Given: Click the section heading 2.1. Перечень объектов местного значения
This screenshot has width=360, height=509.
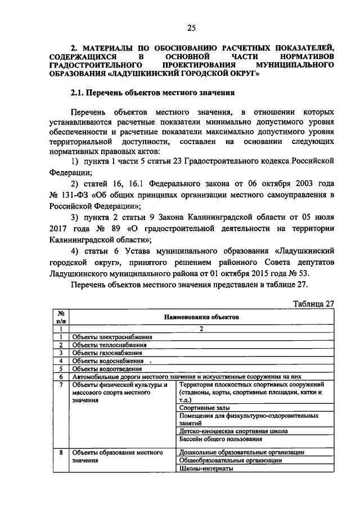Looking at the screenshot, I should (151, 92).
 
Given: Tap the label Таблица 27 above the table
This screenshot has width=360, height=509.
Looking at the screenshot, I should (314, 303).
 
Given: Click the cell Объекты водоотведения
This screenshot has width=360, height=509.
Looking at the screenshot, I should (106, 368).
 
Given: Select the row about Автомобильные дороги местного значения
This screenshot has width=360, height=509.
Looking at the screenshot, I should (191, 376).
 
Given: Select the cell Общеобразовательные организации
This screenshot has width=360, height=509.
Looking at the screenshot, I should (230, 460).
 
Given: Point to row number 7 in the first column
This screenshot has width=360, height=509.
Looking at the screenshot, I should (60, 385).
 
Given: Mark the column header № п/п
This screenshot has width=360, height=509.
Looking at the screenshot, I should (60, 316).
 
